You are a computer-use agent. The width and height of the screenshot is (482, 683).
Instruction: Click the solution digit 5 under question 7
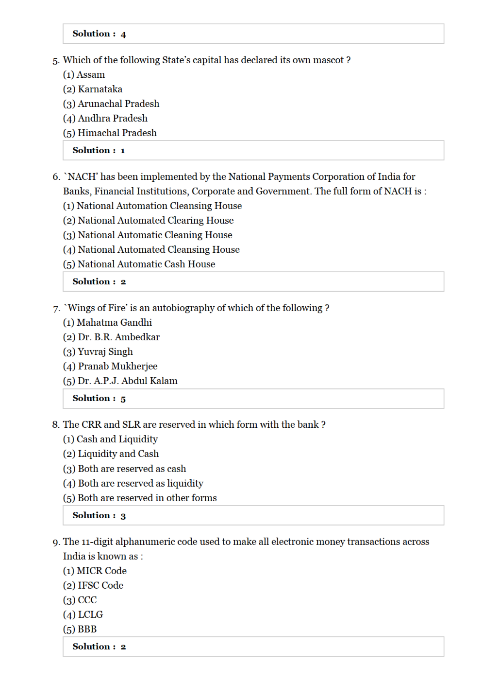pyautogui.click(x=123, y=399)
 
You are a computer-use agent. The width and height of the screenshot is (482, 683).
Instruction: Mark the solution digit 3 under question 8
pyautogui.click(x=123, y=516)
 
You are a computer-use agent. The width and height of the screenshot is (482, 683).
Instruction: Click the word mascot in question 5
pyautogui.click(x=328, y=60)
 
